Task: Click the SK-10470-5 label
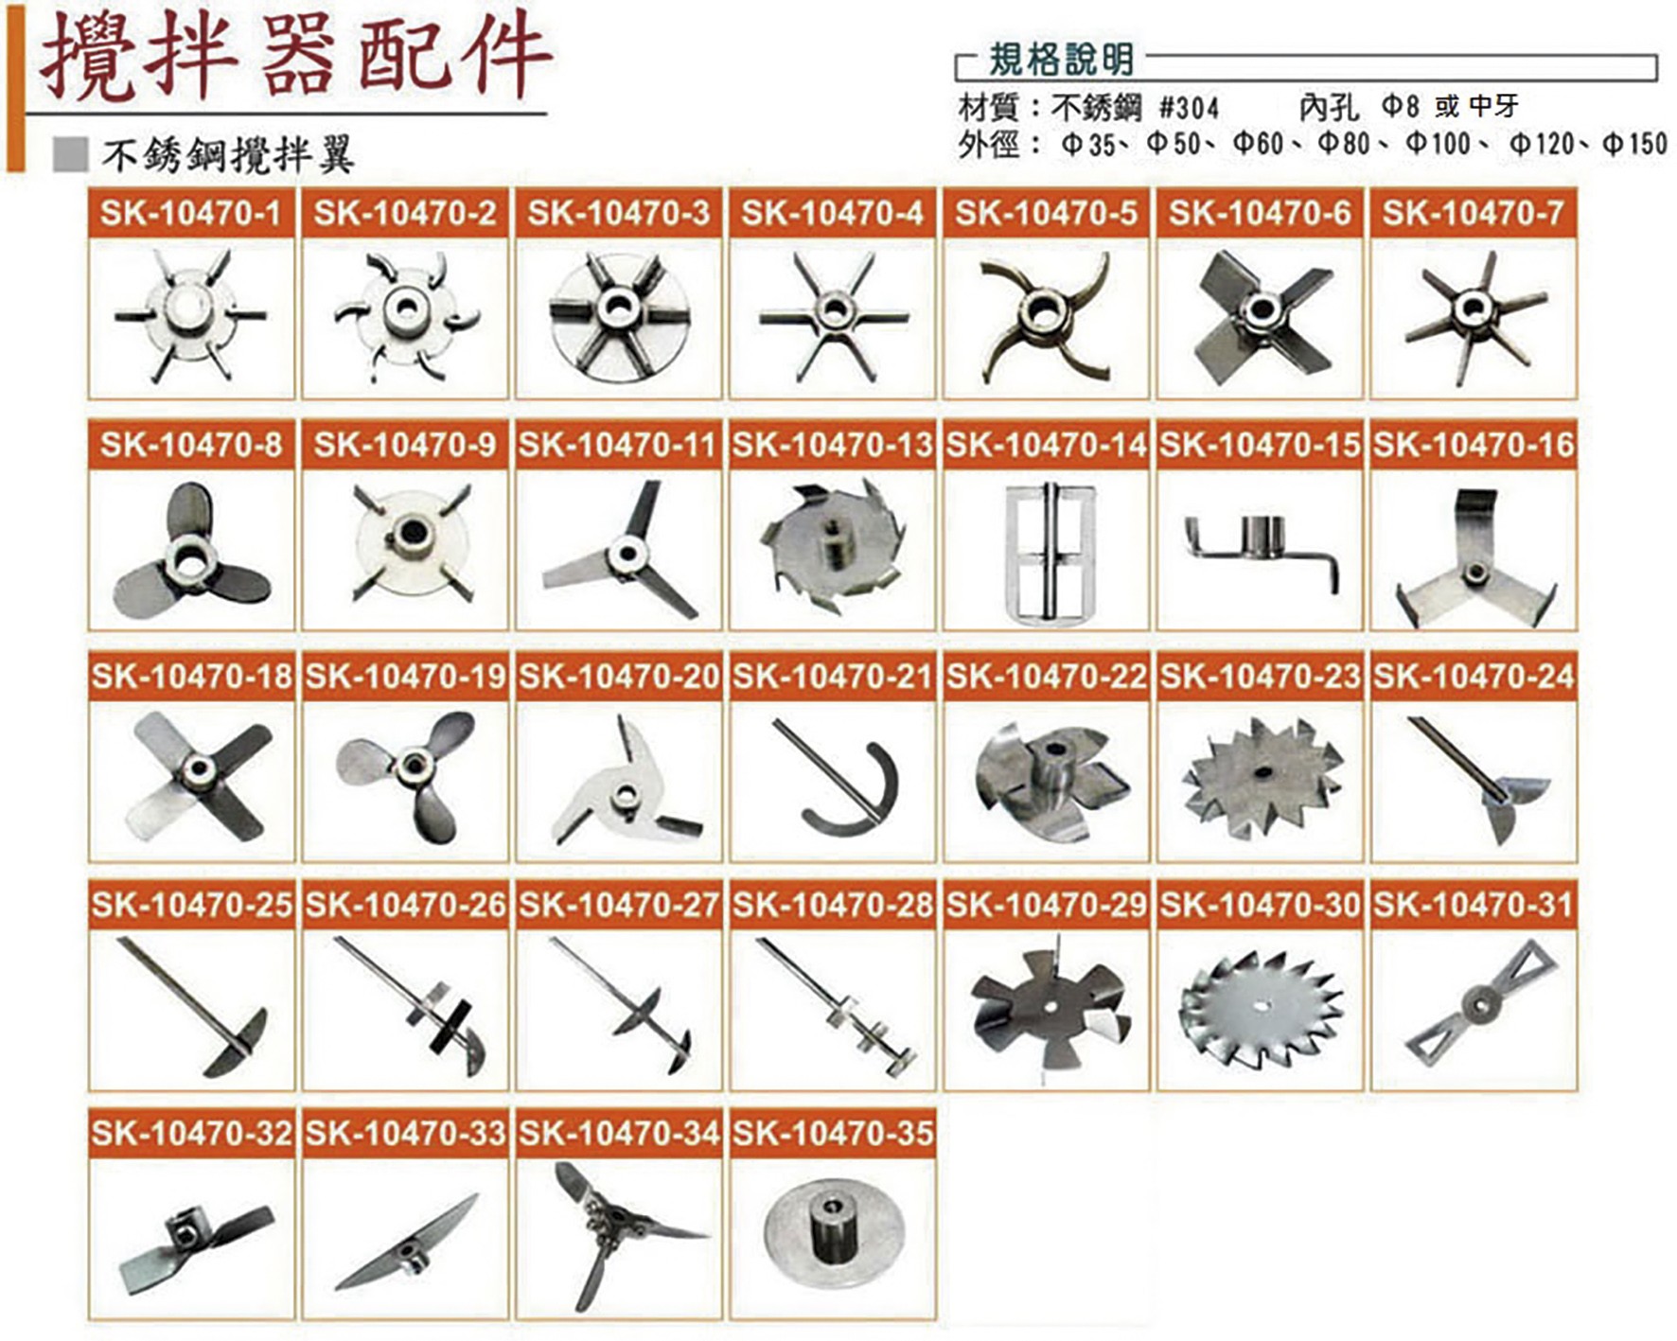point(1046,213)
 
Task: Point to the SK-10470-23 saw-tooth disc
point(1262,776)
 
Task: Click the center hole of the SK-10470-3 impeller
point(619,305)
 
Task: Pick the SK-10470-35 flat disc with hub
point(833,1233)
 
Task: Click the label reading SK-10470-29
point(1046,906)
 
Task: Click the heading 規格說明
point(1061,61)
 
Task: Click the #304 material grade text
point(1189,107)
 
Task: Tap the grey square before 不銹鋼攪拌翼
point(71,154)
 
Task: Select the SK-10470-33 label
point(405,1134)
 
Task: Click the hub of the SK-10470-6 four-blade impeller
point(1262,309)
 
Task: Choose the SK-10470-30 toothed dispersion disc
point(1262,1005)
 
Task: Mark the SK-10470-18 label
point(191,677)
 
